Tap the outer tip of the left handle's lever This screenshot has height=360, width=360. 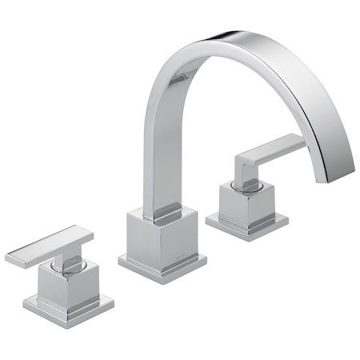(10, 258)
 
